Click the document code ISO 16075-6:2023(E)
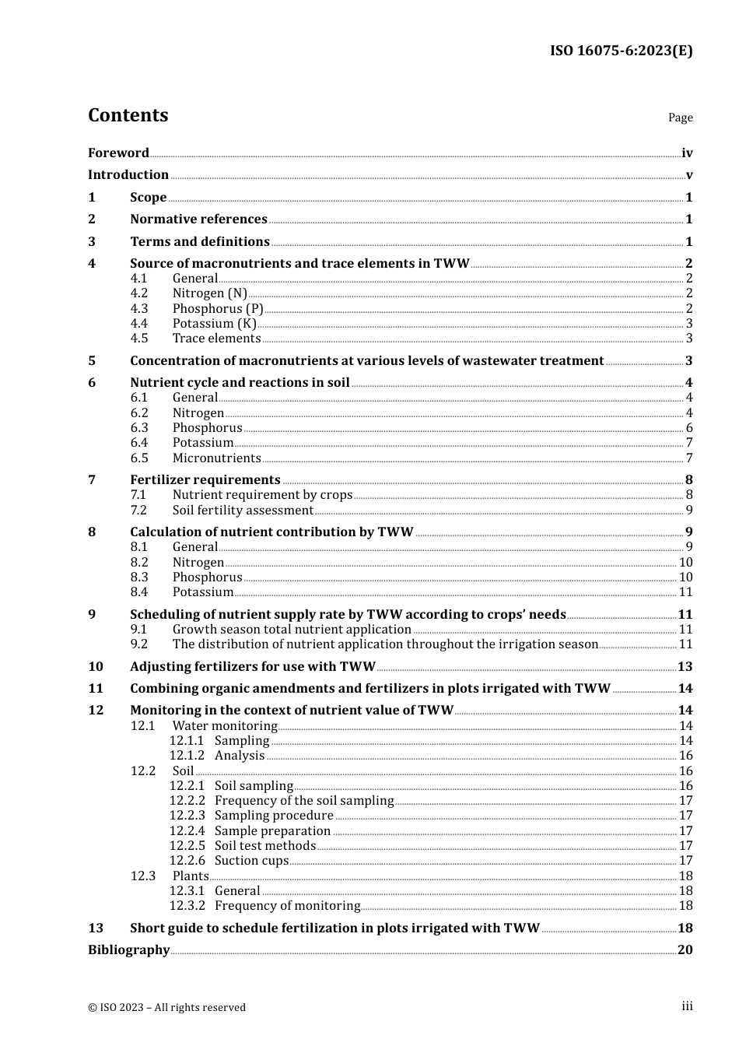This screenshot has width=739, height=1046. pos(621,51)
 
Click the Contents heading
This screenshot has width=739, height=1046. pos(128,115)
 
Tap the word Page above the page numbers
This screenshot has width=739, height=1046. pos(680,118)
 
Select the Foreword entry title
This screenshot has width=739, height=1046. pos(118,153)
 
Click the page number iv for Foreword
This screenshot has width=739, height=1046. pos(687,153)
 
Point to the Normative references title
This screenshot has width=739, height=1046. pos(198,219)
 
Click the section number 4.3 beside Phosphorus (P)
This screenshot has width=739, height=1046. pos(138,308)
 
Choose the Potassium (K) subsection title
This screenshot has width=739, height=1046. pos(214,324)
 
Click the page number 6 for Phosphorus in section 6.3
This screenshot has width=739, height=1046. pos(689,428)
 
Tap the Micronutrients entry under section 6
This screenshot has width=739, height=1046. pos(216,458)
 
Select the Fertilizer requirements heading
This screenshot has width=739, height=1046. pos(205,480)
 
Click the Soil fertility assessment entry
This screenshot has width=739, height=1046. pos(243,511)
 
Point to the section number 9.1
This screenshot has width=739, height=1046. pos(138,630)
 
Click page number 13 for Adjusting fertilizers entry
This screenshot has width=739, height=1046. pos(685,667)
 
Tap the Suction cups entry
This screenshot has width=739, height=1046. pos(251,861)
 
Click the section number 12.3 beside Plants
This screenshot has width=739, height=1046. pos(142,876)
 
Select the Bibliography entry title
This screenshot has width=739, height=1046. pos(128,950)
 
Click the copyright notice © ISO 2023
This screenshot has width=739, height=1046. pos(166,1008)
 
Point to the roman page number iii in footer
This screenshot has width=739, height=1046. pos(687,1006)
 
